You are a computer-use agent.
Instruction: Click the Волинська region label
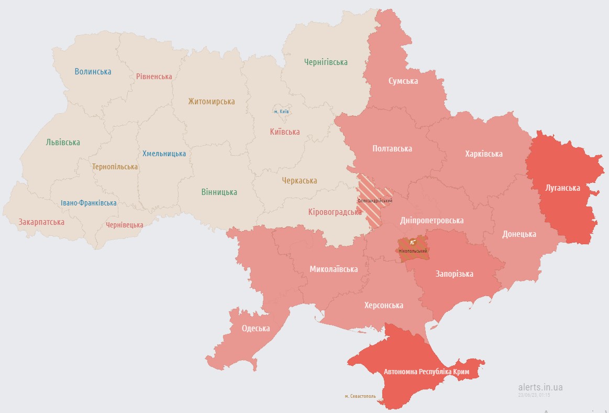point(93,72)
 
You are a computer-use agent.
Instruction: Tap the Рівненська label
point(154,77)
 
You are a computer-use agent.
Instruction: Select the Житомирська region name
point(212,102)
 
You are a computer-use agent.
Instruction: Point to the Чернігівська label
point(326,62)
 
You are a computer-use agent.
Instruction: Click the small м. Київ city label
point(282,112)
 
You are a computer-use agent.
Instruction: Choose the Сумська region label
point(403,81)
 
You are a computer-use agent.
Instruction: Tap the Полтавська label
point(392,149)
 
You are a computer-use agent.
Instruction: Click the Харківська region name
point(483,154)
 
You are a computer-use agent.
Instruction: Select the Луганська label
point(562,188)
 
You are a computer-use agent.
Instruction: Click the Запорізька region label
point(454,274)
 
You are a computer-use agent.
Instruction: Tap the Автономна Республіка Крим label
point(426,372)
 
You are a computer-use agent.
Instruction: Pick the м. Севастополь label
point(360,396)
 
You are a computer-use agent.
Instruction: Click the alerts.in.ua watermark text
point(540,387)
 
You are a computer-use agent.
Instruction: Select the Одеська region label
point(256,329)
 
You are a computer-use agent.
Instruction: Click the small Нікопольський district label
point(413,252)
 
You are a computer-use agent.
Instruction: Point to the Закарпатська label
point(41,222)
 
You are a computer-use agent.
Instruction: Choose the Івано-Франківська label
point(88,203)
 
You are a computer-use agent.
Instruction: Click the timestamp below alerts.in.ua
point(534,395)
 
